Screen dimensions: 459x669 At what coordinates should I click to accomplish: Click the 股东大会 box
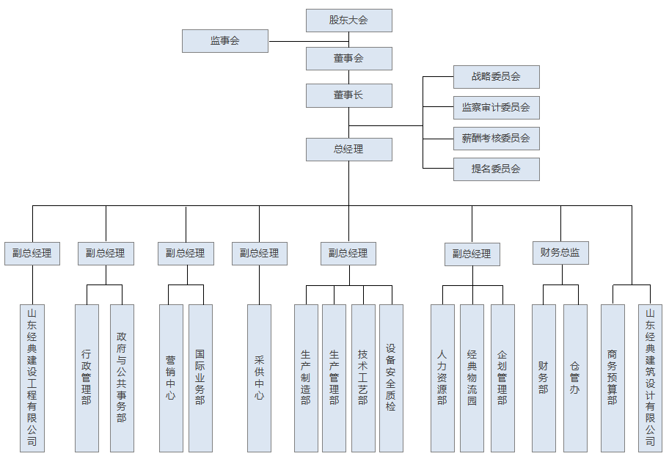(x=348, y=21)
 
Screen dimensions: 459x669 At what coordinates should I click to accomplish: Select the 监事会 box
(x=225, y=41)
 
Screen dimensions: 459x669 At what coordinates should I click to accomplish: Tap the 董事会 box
(x=348, y=59)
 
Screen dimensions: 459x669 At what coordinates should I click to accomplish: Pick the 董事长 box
(x=348, y=95)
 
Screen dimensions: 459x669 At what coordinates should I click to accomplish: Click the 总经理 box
(x=348, y=150)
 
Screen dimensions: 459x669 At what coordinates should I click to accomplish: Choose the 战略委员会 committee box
(x=496, y=77)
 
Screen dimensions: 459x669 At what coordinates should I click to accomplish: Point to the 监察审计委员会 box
(x=496, y=108)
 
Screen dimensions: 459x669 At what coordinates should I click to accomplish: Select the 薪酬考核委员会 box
(x=496, y=138)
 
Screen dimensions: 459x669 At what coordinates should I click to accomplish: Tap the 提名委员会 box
(x=496, y=169)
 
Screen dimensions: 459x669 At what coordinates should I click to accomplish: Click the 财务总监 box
(x=560, y=253)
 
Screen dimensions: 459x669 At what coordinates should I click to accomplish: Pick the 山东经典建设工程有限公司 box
(x=32, y=378)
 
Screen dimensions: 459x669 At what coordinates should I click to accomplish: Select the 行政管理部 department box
(x=87, y=378)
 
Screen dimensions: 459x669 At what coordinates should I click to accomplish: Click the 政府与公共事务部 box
(x=122, y=378)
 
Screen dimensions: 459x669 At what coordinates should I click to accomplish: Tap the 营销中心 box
(x=171, y=378)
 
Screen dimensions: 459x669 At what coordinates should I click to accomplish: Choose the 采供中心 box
(x=259, y=378)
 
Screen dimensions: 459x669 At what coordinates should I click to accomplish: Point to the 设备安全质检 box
(x=391, y=378)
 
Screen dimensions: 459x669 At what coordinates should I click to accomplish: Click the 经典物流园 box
(x=472, y=378)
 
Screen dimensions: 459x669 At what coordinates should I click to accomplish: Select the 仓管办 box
(x=575, y=378)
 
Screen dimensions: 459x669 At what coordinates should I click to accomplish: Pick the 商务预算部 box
(x=613, y=378)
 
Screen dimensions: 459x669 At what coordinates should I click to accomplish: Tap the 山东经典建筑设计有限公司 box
(x=650, y=378)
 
